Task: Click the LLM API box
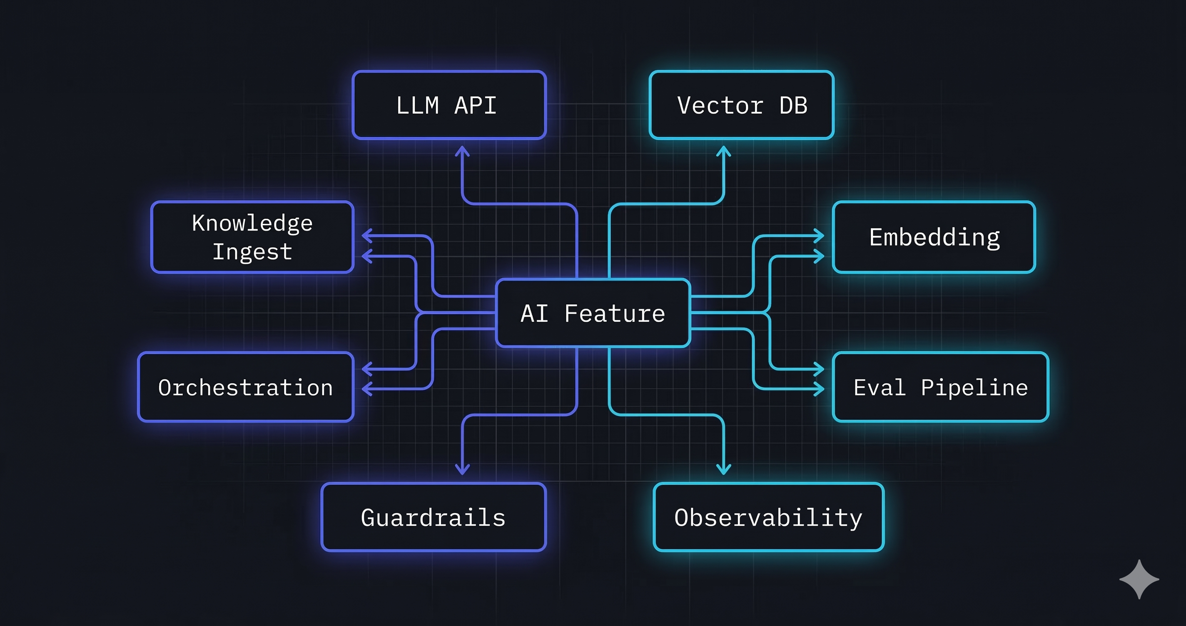coord(449,105)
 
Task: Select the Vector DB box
coord(741,105)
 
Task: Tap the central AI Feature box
coord(593,313)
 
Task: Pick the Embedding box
coord(934,237)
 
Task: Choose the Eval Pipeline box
coord(940,387)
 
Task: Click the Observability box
coord(768,517)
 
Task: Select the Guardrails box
coord(433,517)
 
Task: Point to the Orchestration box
coord(245,387)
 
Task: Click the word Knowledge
coord(252,223)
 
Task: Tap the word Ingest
coord(252,252)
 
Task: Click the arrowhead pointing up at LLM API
coord(462,151)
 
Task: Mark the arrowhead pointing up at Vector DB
coord(724,151)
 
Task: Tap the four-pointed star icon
coord(1139,579)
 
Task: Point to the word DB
coord(793,105)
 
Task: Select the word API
coord(475,105)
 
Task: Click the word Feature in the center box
coord(615,313)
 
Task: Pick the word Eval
coord(880,387)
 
